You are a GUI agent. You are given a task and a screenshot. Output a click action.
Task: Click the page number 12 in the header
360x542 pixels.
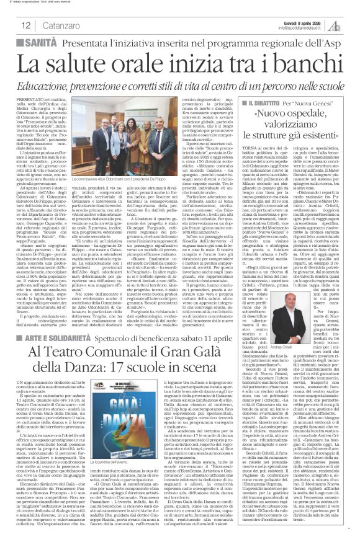coord(11,24)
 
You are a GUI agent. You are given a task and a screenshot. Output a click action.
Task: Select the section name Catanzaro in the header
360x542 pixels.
coord(42,24)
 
